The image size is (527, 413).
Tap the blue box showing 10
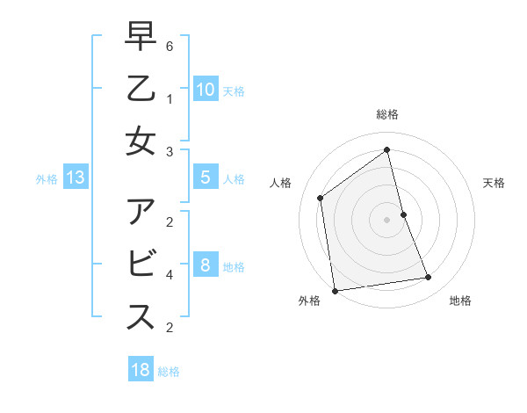coord(205,90)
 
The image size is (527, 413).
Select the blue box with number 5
coord(205,178)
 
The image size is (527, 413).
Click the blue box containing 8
coord(205,265)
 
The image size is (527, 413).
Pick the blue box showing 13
coord(76,178)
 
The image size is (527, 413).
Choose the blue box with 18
coord(141,370)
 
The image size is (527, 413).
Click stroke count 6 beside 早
coord(170,46)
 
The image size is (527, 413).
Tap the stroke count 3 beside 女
coord(170,151)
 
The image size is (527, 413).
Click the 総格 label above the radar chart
coord(387,114)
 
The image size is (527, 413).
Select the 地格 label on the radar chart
coord(460,301)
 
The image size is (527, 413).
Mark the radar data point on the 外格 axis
coord(335,290)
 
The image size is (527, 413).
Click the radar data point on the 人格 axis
coord(321,198)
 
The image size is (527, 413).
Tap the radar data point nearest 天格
coord(403,214)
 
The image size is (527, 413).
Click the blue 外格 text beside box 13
coord(47,179)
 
